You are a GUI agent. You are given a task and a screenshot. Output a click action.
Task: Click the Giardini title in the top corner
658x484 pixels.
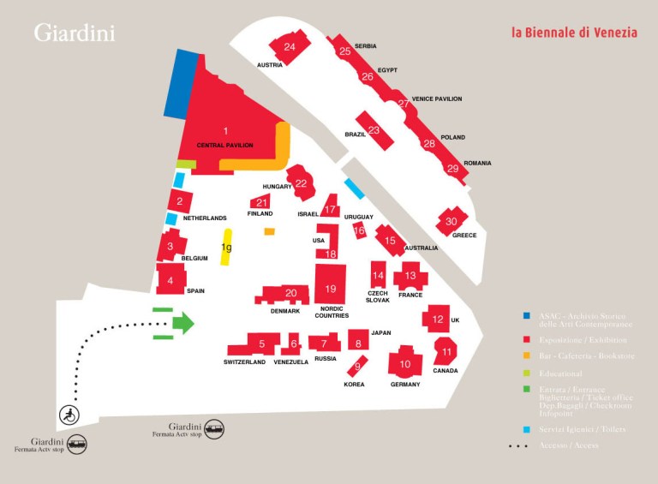[75, 33]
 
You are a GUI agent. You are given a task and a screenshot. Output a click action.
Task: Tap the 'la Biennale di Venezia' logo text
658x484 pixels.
[574, 33]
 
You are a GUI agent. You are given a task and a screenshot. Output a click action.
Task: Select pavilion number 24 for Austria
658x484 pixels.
[290, 47]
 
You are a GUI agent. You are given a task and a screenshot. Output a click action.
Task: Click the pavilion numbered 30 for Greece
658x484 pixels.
[452, 222]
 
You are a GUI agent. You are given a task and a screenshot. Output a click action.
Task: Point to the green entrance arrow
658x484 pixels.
[182, 323]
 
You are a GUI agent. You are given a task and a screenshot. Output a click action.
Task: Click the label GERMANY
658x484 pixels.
[405, 385]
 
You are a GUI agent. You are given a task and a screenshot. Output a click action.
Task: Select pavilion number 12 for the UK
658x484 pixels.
[438, 320]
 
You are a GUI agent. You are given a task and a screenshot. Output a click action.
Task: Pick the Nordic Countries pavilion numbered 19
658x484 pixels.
[331, 290]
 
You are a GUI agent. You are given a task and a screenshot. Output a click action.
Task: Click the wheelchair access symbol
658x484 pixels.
[69, 416]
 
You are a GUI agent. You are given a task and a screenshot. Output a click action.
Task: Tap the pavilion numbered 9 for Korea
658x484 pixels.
[357, 367]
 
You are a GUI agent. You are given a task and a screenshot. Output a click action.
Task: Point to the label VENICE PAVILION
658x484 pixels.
[436, 99]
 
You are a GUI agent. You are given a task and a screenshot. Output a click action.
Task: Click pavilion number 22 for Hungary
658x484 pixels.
[301, 182]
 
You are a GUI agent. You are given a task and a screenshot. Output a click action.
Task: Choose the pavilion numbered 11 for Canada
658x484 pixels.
[446, 351]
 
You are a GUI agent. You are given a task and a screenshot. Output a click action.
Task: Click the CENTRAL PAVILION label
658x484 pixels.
[224, 146]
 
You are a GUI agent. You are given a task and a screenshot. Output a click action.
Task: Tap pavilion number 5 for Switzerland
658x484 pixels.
[262, 344]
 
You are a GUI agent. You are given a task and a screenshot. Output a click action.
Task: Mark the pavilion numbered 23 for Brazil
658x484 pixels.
[374, 130]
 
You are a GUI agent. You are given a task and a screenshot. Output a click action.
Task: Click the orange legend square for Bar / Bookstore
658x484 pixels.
[526, 355]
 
